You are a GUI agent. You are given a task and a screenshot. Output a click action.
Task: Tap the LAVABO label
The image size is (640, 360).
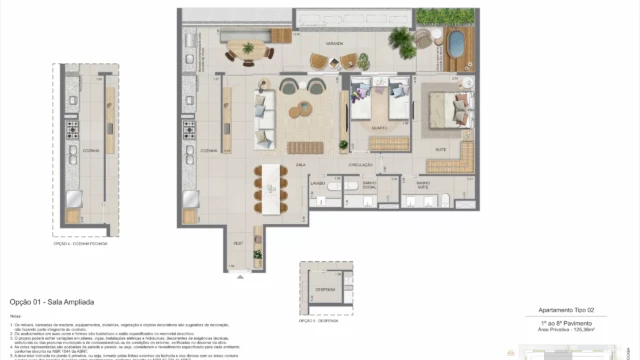pos(319,184)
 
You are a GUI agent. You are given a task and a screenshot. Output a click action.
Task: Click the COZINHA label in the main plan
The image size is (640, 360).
pos(209,149)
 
